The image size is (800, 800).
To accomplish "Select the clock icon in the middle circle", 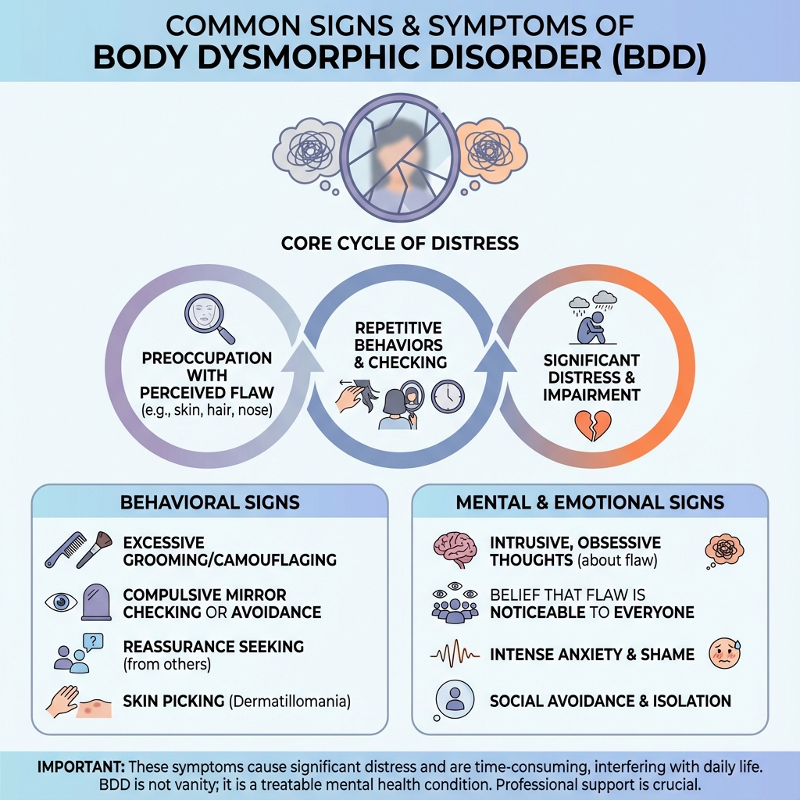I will click(448, 396).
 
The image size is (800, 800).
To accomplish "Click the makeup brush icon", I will click(96, 546).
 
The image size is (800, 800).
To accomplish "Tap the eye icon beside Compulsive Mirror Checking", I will click(61, 602).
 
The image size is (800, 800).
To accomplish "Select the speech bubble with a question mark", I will click(92, 642).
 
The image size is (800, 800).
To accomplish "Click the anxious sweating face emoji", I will click(724, 653).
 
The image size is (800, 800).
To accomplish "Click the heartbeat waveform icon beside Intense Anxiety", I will click(454, 653).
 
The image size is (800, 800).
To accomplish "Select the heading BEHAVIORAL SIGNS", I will click(209, 502).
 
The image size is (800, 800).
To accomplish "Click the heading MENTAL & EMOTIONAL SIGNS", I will click(591, 502).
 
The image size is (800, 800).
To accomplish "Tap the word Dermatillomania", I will click(288, 701).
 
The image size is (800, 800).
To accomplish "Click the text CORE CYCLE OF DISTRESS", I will click(400, 243).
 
